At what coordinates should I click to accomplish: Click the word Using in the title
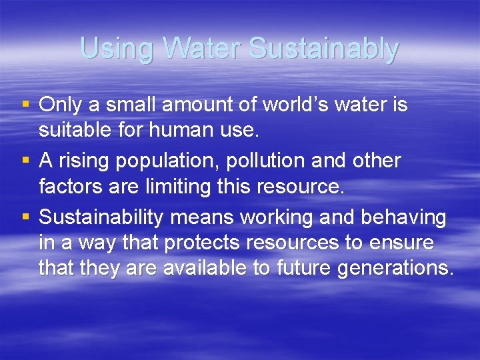[117, 49]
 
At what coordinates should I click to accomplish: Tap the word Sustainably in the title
[323, 49]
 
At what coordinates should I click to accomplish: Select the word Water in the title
[203, 49]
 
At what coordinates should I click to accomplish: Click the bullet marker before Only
[26, 104]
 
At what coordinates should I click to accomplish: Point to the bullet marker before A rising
[26, 160]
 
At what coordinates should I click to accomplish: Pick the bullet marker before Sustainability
[26, 217]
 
